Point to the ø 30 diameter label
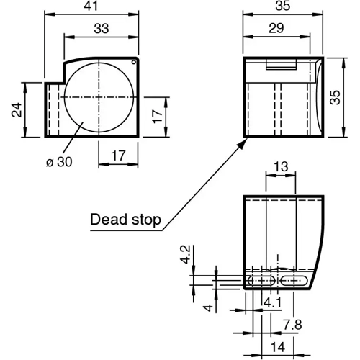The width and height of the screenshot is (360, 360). point(60,163)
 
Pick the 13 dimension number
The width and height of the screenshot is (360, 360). point(281,167)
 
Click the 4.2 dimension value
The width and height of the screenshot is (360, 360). point(185,255)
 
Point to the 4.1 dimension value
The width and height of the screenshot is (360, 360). point(271,303)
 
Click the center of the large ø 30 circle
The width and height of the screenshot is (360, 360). point(99,97)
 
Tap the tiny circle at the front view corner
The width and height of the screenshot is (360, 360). point(133,63)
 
